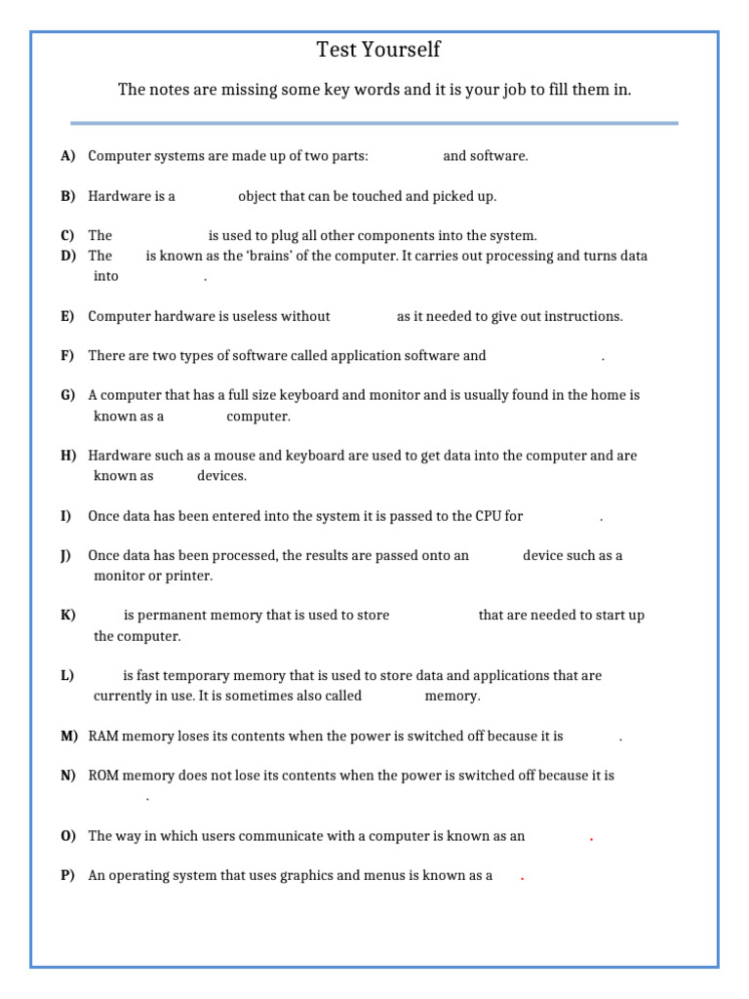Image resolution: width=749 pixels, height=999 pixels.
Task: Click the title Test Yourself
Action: pyautogui.click(x=378, y=50)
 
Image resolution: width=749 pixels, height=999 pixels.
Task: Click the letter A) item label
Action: pyautogui.click(x=67, y=156)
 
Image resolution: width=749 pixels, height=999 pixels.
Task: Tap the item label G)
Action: pyautogui.click(x=67, y=395)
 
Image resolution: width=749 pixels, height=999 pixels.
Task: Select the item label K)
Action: pyautogui.click(x=67, y=616)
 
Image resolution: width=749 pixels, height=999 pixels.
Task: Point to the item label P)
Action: pyautogui.click(x=67, y=875)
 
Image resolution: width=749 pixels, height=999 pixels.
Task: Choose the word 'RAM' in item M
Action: pyautogui.click(x=103, y=736)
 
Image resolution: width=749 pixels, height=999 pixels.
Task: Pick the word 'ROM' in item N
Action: pyautogui.click(x=103, y=776)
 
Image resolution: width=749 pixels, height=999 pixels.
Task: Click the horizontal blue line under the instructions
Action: pyautogui.click(x=374, y=123)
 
